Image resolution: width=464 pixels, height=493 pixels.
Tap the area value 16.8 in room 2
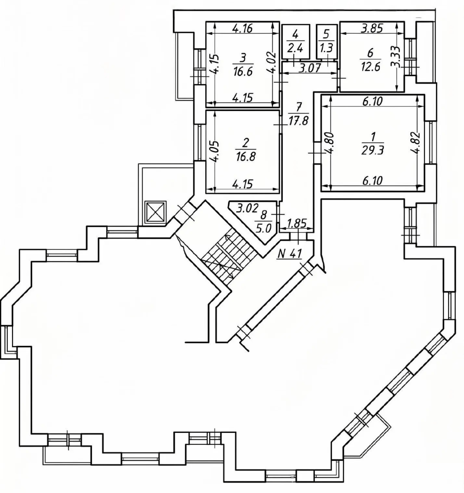245,156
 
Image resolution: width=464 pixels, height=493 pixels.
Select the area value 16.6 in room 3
243,72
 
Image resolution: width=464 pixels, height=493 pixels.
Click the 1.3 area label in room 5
327,49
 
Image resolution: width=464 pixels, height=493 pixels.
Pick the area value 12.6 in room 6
370,67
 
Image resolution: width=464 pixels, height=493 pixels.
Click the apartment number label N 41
289,253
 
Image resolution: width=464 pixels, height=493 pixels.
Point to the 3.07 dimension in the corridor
310,68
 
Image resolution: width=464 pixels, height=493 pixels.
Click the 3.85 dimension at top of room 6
372,29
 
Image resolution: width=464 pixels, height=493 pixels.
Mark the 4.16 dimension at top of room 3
242,29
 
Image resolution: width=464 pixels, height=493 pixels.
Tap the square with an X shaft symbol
155,212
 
